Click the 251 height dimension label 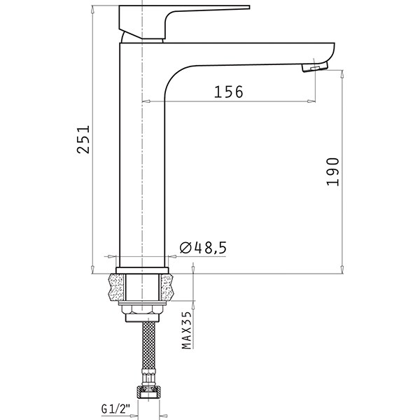[83, 139]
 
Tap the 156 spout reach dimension [228, 92]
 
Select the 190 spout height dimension [333, 171]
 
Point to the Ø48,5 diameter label [203, 248]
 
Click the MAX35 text [187, 330]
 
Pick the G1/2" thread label [115, 409]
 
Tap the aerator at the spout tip [315, 66]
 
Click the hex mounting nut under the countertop [142, 309]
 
